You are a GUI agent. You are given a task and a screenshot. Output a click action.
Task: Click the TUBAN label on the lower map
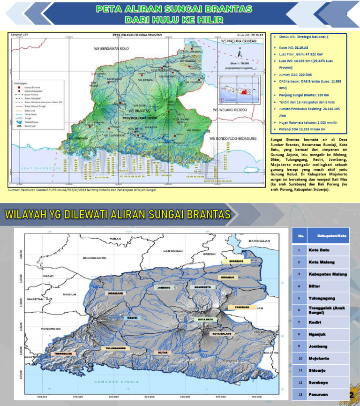pyautogui.click(x=115, y=239)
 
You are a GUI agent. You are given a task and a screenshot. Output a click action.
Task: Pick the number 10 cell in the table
pyautogui.click(x=298, y=358)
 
